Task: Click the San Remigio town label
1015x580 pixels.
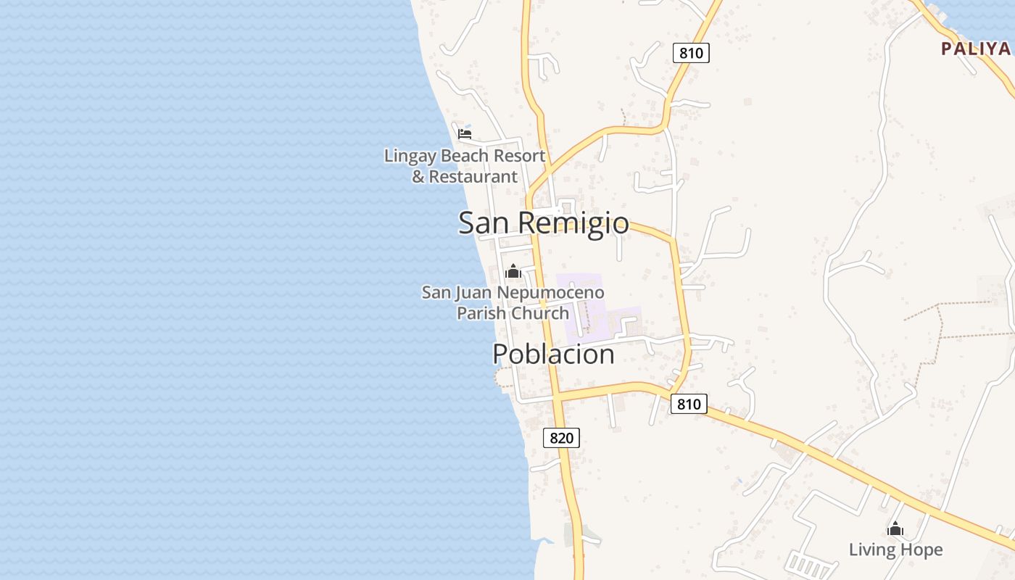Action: [543, 223]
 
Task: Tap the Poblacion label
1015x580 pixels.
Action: [553, 354]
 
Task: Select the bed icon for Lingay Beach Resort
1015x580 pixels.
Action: [465, 133]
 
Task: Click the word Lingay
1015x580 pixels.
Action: [410, 156]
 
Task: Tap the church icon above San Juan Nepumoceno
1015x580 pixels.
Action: [513, 272]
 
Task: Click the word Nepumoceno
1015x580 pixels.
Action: [559, 293]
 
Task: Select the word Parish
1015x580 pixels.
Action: [482, 313]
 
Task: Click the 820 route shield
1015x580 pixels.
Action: [561, 437]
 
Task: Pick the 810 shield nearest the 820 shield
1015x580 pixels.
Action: [688, 404]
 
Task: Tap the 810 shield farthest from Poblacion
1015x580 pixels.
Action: [691, 52]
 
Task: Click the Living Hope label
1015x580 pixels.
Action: [895, 550]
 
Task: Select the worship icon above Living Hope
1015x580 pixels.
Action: [895, 529]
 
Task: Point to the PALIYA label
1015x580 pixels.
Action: [975, 49]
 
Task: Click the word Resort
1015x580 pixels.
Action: [518, 156]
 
